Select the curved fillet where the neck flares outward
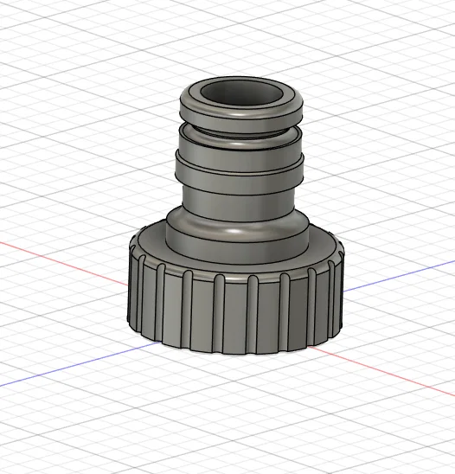point(238,221)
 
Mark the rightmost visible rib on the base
point(343,290)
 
